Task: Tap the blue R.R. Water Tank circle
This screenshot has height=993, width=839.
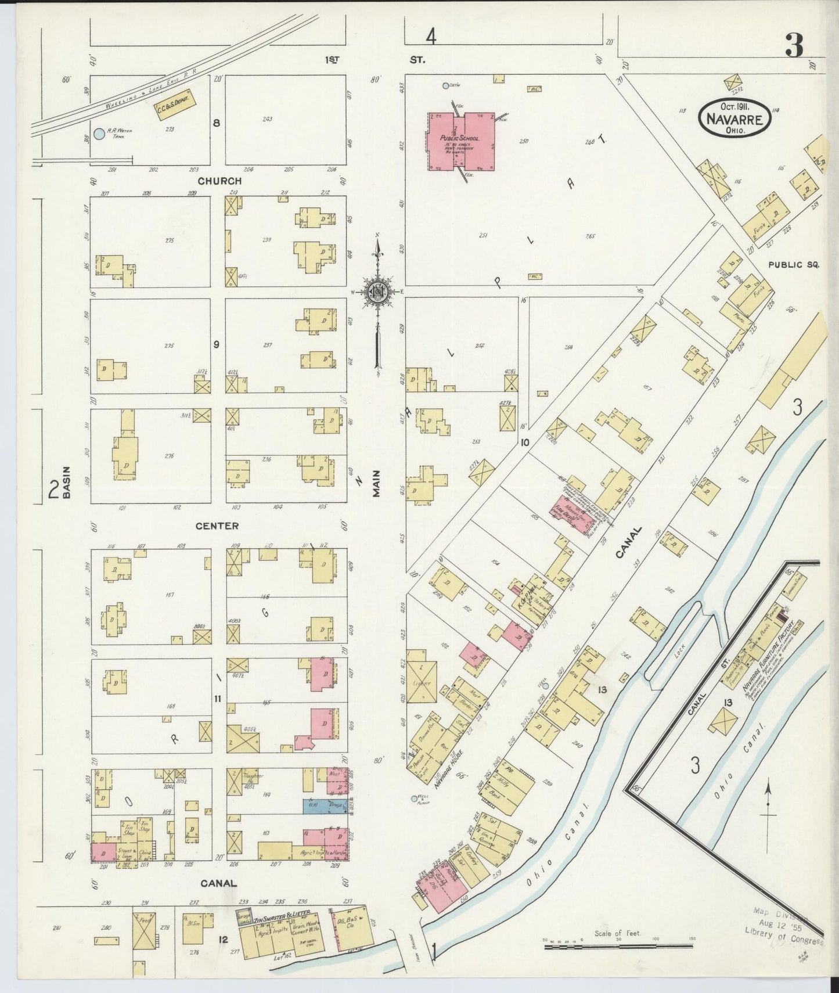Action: [x=99, y=134]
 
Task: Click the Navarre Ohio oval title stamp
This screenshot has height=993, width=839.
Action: [x=734, y=117]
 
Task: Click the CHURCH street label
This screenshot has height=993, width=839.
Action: [x=219, y=181]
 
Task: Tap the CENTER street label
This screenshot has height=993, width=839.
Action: [x=217, y=526]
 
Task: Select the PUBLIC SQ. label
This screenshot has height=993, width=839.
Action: [x=793, y=264]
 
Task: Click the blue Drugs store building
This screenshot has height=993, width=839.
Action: [x=325, y=806]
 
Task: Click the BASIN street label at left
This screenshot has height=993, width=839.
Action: [x=67, y=483]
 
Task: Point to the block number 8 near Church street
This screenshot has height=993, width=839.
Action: [x=217, y=123]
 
